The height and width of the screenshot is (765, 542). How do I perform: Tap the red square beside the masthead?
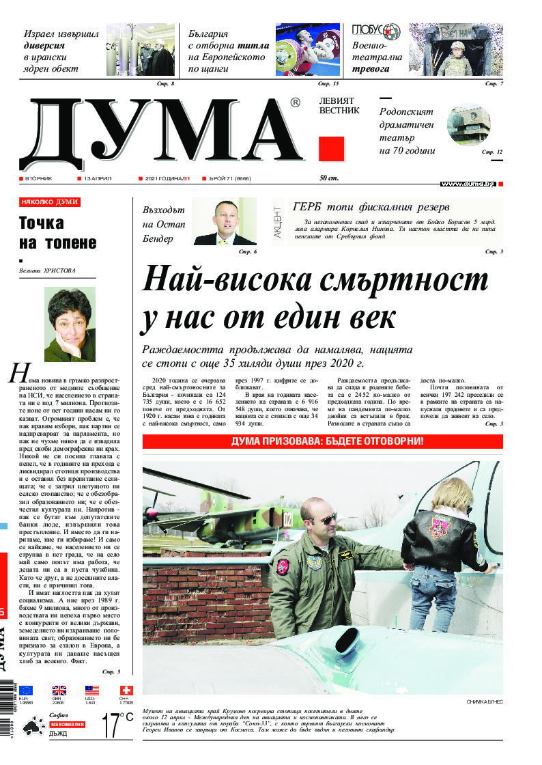[x=331, y=148]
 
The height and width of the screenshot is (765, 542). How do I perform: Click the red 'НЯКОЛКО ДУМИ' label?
[x=50, y=202]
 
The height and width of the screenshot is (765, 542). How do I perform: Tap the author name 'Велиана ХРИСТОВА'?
[x=48, y=270]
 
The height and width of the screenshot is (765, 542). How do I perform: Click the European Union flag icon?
[x=26, y=691]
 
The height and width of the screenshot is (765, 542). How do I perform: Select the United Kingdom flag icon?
[x=59, y=691]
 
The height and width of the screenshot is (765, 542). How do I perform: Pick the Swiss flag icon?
[x=126, y=691]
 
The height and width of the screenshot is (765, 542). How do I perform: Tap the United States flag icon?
[x=92, y=691]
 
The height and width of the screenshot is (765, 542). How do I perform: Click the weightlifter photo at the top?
[x=307, y=49]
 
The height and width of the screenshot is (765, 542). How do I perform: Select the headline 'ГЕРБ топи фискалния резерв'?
[x=371, y=207]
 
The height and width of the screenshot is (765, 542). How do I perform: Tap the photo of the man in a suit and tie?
[x=225, y=221]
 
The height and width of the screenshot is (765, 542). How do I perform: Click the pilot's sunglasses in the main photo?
[x=328, y=520]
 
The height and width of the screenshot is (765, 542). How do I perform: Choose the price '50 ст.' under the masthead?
[x=329, y=178]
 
